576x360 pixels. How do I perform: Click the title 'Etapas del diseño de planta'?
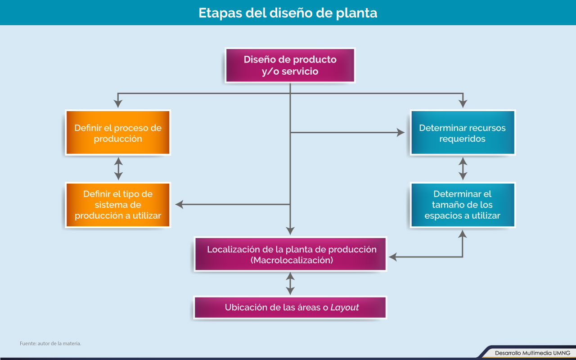288,13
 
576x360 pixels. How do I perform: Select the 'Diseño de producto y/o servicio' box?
290,65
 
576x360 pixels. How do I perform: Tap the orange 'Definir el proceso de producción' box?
118,133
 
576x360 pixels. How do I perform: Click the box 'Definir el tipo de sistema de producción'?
118,205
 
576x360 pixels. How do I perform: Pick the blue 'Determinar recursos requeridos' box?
462,133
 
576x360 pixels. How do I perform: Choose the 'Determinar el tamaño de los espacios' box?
462,205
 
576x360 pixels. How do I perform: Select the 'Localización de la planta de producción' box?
290,254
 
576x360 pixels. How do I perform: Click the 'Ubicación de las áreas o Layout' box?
290,307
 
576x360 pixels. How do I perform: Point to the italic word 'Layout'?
345,307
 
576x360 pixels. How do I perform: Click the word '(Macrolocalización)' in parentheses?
292,260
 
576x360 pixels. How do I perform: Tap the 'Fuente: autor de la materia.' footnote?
50,343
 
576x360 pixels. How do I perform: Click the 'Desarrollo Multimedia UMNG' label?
532,353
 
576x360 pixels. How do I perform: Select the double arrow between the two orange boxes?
118,169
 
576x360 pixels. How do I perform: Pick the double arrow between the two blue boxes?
463,169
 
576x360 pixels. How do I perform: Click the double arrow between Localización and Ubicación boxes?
290,283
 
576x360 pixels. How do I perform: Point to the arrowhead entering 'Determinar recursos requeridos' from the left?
400,132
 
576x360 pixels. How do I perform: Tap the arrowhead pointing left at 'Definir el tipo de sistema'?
180,204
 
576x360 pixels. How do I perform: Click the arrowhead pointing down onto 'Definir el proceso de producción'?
118,103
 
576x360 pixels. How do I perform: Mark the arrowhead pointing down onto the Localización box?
290,230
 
